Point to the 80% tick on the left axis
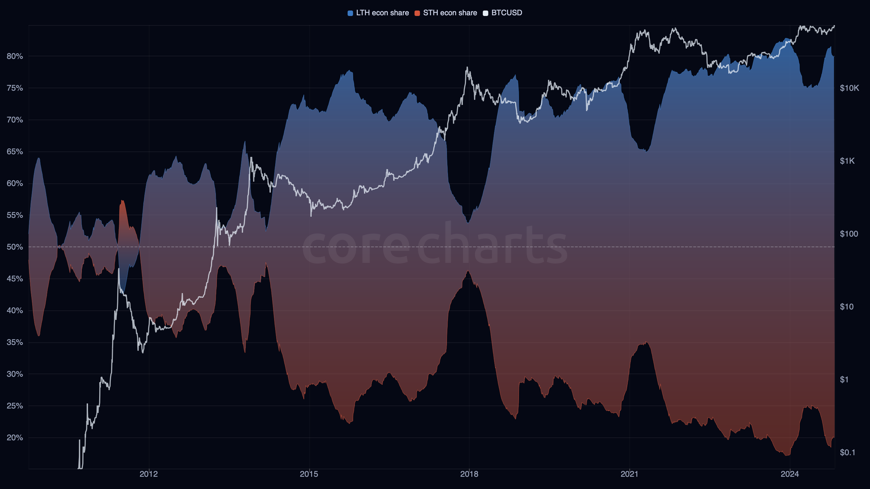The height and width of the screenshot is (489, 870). tap(15, 56)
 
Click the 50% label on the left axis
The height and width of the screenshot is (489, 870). tap(15, 247)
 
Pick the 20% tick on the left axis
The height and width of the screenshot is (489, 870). tap(15, 437)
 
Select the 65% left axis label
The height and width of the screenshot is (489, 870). tap(15, 151)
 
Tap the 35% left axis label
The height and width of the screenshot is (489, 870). tap(15, 342)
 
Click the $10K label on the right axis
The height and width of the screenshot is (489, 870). tap(849, 88)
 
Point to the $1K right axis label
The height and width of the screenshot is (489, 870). tap(847, 161)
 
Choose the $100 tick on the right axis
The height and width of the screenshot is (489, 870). tap(849, 234)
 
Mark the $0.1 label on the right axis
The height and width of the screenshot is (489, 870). tap(847, 452)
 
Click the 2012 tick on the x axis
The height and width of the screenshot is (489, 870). tap(149, 474)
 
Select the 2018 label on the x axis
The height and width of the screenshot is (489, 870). tap(469, 474)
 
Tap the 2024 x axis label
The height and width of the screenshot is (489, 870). tap(789, 474)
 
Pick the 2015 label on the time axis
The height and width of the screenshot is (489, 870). tap(309, 474)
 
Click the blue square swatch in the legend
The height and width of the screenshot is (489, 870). tap(350, 13)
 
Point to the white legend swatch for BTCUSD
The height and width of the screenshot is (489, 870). tap(485, 13)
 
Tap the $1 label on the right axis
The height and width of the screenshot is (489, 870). tap(844, 380)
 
